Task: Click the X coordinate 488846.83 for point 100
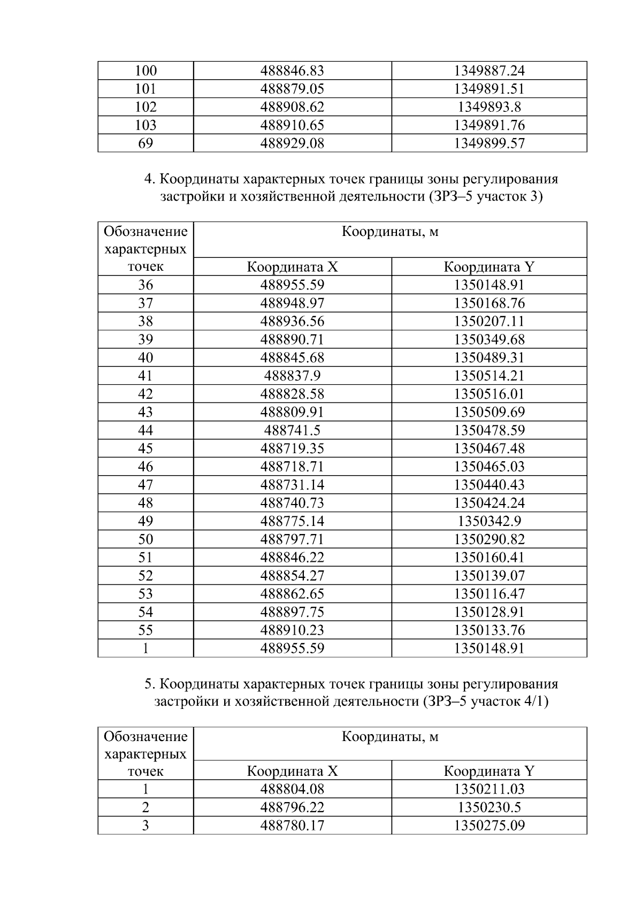click(292, 71)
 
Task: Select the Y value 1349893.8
click(489, 107)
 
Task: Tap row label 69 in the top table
click(146, 143)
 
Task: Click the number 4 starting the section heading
click(149, 179)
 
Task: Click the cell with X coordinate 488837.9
click(292, 376)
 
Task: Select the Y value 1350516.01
click(489, 394)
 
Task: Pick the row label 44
click(146, 430)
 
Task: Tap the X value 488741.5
click(292, 430)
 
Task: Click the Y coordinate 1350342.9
click(489, 521)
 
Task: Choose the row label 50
click(146, 539)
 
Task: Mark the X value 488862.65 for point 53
click(292, 594)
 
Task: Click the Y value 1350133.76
click(489, 630)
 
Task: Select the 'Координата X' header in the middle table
click(292, 267)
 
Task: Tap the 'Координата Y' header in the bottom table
click(489, 771)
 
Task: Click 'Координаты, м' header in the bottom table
click(390, 737)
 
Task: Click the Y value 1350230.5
click(489, 807)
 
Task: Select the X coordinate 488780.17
click(292, 826)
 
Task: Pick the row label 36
click(146, 285)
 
